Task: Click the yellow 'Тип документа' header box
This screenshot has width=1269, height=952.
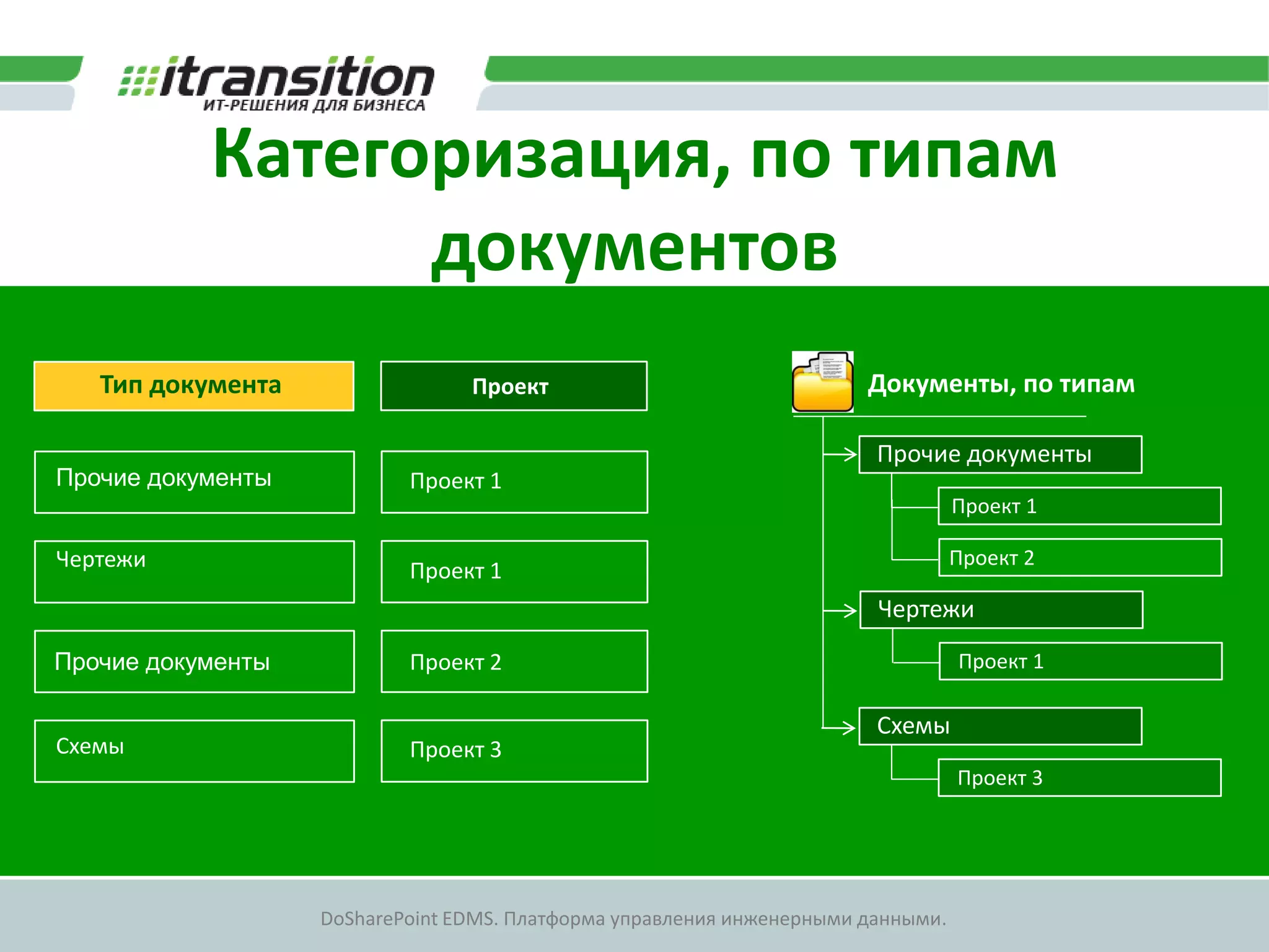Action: coord(193,386)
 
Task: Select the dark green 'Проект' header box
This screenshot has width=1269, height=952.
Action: coord(514,386)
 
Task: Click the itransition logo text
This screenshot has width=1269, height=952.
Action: coord(296,79)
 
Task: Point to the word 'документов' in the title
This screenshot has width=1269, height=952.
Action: coord(634,248)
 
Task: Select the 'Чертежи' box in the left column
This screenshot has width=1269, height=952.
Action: coord(194,571)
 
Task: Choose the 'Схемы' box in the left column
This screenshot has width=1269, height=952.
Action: coord(194,751)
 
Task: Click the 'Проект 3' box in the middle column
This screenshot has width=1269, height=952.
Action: coord(514,751)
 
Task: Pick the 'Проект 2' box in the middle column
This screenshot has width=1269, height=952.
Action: coord(514,661)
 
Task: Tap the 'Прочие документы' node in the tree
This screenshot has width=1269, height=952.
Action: coord(1000,454)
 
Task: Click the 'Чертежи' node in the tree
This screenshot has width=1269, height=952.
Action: coord(1001,610)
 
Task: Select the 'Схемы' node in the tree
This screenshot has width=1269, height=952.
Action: coord(1000,726)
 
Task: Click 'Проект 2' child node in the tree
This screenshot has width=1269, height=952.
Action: coord(1079,558)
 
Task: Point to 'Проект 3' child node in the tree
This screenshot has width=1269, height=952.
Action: coord(1079,778)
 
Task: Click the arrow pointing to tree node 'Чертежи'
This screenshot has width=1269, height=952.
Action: coord(841,610)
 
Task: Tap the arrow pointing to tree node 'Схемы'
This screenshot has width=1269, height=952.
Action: coord(840,727)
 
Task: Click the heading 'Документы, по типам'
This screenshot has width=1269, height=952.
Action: coord(1001,384)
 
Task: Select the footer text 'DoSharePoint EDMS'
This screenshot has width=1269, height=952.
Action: coord(409,919)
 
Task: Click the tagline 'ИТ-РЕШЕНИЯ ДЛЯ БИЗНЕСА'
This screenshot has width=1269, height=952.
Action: coord(314,105)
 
